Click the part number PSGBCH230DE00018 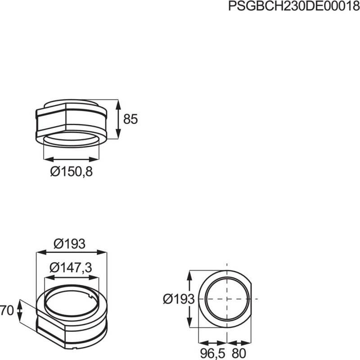tap(294, 6)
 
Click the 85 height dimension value tap(130, 119)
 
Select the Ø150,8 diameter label tap(72, 171)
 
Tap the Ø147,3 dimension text tap(71, 267)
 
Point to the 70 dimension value tap(7, 310)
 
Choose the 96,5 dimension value tap(212, 353)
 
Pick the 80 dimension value tap(239, 353)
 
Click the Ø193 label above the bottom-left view tap(69, 244)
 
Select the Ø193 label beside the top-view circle tap(179, 299)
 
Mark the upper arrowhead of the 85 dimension tap(118, 105)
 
